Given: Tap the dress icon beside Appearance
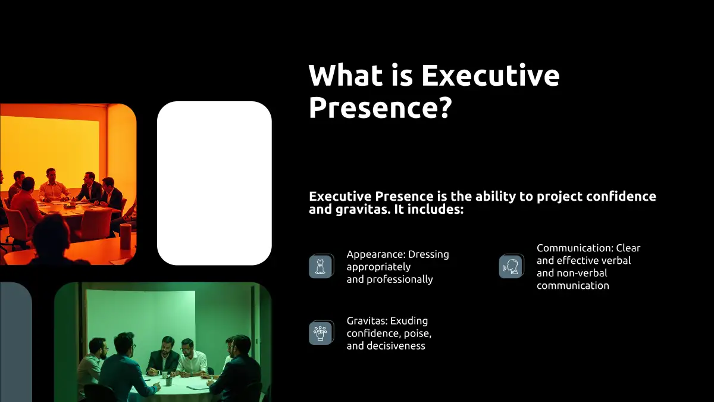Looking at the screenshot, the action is tap(321, 266).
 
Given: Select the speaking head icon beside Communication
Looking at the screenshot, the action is tap(511, 266).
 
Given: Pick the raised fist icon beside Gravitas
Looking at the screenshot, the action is tap(321, 333).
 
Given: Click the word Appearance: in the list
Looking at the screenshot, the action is tap(376, 255).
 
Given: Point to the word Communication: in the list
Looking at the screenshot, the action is tap(575, 248).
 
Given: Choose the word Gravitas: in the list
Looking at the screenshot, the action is tap(367, 320).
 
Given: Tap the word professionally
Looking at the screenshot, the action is tap(400, 280).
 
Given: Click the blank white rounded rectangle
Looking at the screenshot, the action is tap(214, 183).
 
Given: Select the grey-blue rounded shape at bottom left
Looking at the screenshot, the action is tap(16, 342).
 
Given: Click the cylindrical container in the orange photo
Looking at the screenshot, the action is tap(126, 237).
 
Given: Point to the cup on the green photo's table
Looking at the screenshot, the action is tap(164, 375).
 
